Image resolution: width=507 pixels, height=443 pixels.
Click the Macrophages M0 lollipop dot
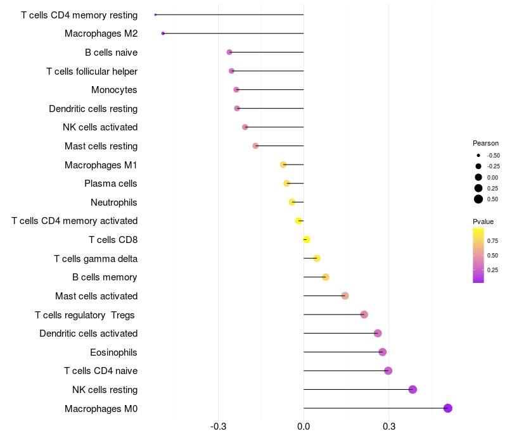pos(447,408)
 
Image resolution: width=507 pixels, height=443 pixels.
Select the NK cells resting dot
pos(413,389)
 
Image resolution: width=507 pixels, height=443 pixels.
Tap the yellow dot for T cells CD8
pos(306,239)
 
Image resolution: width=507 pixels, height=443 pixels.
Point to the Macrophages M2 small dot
pos(163,34)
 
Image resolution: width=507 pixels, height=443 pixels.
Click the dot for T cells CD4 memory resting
pos(155,15)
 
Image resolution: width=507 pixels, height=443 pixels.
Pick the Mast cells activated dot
pos(345,296)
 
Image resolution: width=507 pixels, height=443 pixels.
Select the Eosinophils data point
pos(382,352)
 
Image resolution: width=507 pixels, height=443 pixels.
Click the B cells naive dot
pos(229,52)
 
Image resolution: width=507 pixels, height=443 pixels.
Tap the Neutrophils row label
pos(113,203)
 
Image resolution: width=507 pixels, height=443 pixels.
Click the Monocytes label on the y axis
pos(114,90)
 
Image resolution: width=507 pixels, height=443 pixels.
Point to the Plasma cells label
pos(111,184)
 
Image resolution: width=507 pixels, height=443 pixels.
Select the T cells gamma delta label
pos(96,258)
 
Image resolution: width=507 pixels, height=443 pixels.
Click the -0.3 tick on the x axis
pos(219,427)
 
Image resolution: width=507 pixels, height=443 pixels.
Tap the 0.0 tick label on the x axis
pos(304,427)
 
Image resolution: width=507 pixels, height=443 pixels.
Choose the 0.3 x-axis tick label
pos(389,427)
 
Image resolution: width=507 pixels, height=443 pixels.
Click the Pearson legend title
pos(485,143)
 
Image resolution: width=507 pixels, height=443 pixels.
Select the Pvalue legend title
pos(483,221)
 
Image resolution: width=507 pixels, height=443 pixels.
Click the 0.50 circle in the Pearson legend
pos(478,199)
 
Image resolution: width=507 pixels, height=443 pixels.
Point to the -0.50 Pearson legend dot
pos(478,155)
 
